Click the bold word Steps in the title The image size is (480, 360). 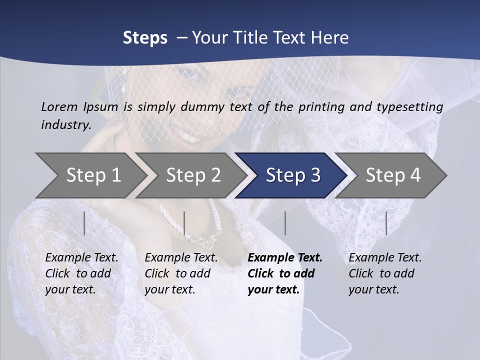pos(145,38)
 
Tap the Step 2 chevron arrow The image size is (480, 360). pos(193,175)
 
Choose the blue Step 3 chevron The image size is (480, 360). pos(293,175)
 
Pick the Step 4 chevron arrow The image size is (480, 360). pos(393,175)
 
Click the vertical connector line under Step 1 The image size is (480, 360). pos(84,223)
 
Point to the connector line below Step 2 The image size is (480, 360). pos(184,223)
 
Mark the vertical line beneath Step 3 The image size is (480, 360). pos(285,223)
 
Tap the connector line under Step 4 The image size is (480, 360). pos(386,223)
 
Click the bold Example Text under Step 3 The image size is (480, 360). pos(285,273)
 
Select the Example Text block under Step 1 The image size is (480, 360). pos(81,273)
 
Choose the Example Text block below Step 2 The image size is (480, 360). pos(181,273)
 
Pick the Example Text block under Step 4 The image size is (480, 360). pos(385,273)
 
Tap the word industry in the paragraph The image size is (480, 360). pos(66,125)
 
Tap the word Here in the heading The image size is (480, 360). pos(330,38)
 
